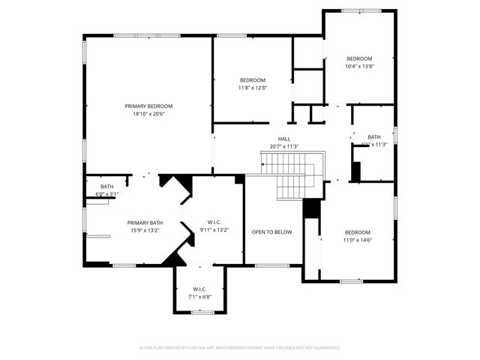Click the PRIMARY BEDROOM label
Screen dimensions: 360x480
click(148, 106)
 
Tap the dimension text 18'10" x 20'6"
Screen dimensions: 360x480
click(148, 114)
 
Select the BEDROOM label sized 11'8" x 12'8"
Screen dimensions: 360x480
click(253, 80)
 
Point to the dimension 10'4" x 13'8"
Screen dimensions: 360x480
click(359, 66)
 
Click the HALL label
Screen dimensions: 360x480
click(284, 139)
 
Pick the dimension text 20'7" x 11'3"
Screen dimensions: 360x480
click(284, 146)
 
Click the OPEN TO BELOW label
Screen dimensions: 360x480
click(271, 232)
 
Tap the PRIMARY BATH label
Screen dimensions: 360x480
click(145, 223)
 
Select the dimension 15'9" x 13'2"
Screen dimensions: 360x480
click(145, 230)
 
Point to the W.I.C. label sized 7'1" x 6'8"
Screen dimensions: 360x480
click(199, 289)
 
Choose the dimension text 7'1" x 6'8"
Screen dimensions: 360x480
click(199, 296)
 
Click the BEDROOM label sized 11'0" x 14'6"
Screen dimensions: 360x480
click(358, 232)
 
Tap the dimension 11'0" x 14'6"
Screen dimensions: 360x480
click(358, 240)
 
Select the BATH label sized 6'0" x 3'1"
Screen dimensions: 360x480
click(107, 187)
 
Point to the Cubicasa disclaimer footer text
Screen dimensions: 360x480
click(240, 347)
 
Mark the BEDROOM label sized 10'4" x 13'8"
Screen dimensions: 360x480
click(359, 58)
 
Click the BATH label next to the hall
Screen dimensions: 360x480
click(373, 137)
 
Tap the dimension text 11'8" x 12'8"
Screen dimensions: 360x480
click(253, 88)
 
